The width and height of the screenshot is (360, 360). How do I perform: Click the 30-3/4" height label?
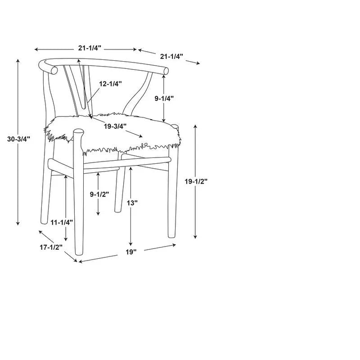click(18, 139)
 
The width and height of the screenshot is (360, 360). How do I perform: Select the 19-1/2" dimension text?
click(196, 181)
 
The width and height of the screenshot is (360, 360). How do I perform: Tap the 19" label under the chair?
click(131, 252)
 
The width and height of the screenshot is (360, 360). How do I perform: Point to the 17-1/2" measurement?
click(51, 247)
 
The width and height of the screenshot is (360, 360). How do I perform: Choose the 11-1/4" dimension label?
click(62, 222)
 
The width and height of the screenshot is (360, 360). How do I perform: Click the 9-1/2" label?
click(99, 194)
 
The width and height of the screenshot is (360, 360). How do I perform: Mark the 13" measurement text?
click(132, 203)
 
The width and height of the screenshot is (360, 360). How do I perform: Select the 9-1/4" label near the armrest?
click(164, 99)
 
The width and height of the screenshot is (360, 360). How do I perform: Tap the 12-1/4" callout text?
click(110, 84)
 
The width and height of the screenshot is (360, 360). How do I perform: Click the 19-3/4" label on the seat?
click(115, 126)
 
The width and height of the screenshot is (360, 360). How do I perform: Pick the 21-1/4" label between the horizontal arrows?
click(90, 48)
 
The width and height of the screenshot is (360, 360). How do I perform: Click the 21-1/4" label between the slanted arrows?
click(171, 56)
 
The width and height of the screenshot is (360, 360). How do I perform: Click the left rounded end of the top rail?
click(54, 70)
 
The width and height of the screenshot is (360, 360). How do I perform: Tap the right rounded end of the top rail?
click(165, 71)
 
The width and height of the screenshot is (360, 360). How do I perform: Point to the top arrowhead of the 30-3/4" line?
click(18, 61)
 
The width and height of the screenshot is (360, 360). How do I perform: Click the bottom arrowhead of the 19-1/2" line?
click(195, 237)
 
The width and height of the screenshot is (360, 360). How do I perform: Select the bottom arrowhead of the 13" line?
click(130, 243)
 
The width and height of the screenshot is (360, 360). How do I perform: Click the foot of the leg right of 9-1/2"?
click(118, 210)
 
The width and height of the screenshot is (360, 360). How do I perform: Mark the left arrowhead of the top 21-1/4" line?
click(36, 49)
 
